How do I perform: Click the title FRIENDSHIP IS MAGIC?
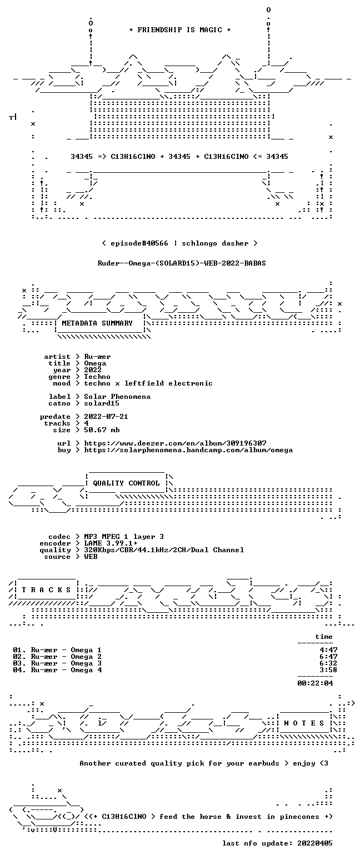180,30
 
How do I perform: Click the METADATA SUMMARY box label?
97,323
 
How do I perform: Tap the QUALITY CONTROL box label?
126,483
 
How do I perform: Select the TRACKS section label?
47,589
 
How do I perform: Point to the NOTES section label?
304,723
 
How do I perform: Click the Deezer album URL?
176,443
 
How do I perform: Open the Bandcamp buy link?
188,450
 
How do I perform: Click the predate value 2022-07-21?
106,417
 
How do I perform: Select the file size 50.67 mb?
102,430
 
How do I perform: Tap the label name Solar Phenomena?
117,397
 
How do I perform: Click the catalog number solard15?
102,403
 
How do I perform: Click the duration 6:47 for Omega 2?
328,657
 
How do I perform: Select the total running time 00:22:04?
315,683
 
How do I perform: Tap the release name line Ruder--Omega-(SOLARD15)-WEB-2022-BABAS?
182,263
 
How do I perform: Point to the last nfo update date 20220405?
315,843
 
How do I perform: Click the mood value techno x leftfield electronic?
148,383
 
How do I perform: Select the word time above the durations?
324,637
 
